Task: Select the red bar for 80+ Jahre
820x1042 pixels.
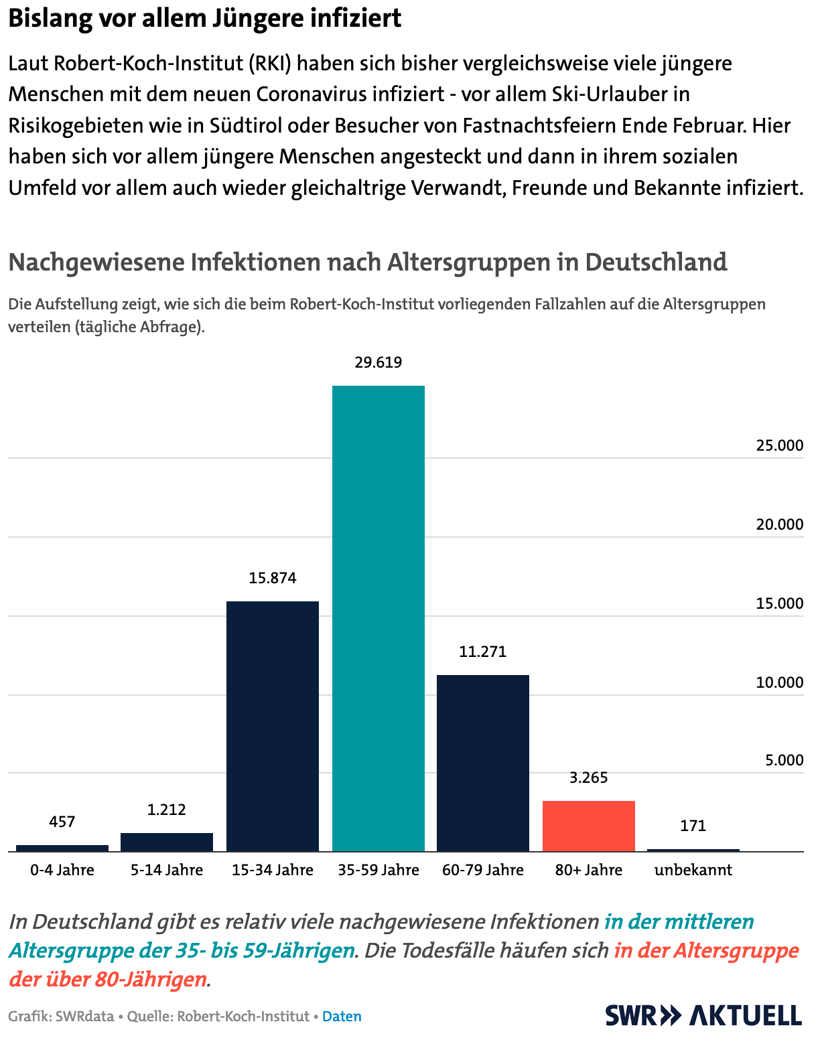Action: coord(589,826)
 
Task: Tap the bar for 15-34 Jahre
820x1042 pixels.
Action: coord(273,726)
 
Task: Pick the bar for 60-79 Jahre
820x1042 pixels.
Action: coord(483,763)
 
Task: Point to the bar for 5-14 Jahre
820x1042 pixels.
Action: coord(167,842)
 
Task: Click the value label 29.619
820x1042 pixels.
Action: coord(379,362)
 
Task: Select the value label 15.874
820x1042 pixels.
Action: coord(273,578)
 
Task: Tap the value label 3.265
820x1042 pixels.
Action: coord(589,777)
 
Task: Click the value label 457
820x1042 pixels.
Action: coord(62,822)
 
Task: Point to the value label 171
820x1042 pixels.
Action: coord(693,826)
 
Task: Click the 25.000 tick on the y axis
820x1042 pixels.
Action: coord(780,445)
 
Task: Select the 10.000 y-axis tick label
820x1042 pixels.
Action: coord(780,682)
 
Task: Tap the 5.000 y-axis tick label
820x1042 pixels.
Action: coord(784,760)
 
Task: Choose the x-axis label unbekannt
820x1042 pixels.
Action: coord(693,870)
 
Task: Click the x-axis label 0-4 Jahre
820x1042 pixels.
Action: coord(62,870)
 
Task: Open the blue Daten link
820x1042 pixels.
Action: coord(342,1016)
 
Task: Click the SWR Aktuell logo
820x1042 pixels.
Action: coord(703,1015)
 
